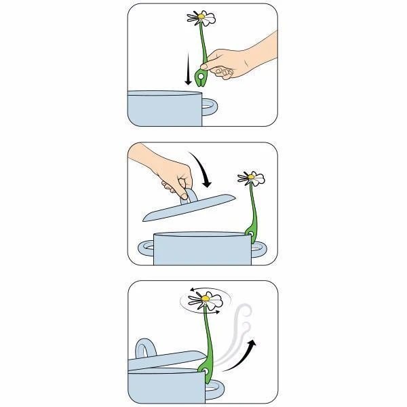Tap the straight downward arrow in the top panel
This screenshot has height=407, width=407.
tap(188, 72)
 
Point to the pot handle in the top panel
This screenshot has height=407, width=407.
tap(210, 107)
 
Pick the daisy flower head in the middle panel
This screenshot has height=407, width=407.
tap(252, 179)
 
